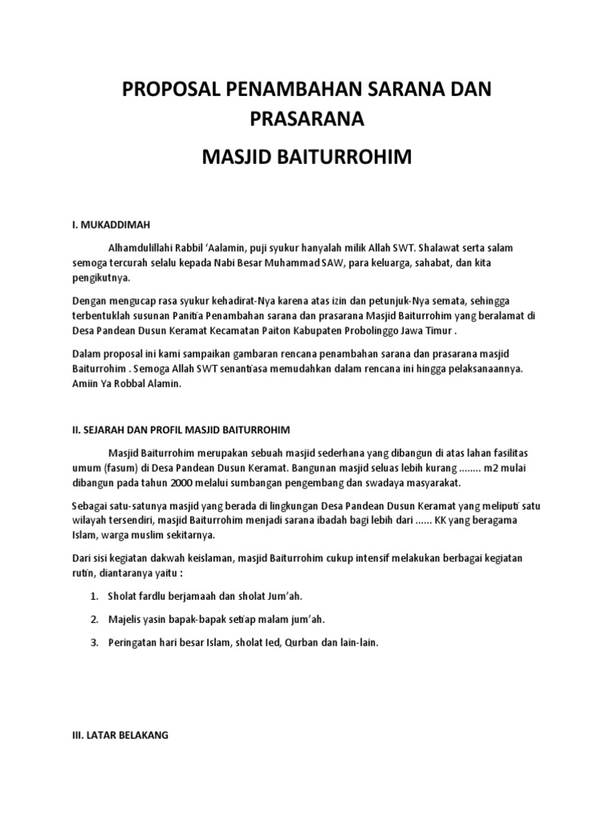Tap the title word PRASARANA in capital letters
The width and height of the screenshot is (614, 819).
point(306,119)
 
